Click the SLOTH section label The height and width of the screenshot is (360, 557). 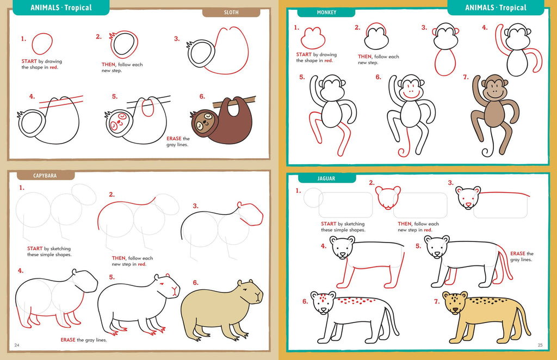[x=231, y=13]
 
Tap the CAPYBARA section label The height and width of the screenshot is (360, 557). [x=45, y=176]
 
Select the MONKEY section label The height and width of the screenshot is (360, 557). [x=326, y=13]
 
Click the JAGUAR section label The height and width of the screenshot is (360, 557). [x=326, y=178]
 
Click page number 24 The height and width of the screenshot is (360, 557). [x=17, y=345]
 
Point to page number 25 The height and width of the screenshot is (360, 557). [x=540, y=345]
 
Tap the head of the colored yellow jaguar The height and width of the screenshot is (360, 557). [x=454, y=303]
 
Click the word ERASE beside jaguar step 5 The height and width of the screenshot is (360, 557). [x=518, y=253]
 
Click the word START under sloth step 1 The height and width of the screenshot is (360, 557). [x=29, y=61]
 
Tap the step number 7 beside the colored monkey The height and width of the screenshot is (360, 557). [x=466, y=77]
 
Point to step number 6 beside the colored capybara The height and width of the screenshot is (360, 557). [x=195, y=283]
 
